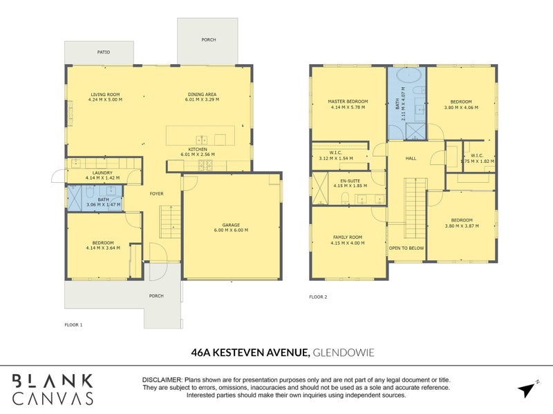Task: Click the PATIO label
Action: point(103,52)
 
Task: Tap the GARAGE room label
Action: point(231,225)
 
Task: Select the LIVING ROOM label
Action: point(105,95)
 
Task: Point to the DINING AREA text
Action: point(202,95)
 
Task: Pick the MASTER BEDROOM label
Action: point(348,101)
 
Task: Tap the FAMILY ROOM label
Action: point(348,237)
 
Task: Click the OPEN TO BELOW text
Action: point(406,248)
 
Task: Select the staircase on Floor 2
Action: point(415,208)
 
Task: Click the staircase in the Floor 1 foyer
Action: point(170,221)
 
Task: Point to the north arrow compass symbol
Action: point(528,389)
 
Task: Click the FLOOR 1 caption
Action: point(73,325)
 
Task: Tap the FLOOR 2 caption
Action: point(318,297)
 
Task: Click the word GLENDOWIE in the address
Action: point(344,353)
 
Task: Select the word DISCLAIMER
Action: point(162,380)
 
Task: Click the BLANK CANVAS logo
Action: point(53,389)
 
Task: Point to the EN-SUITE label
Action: point(350,181)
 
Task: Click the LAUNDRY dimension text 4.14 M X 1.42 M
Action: point(102,178)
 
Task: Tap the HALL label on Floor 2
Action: point(411,159)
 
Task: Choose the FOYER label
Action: point(157,194)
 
